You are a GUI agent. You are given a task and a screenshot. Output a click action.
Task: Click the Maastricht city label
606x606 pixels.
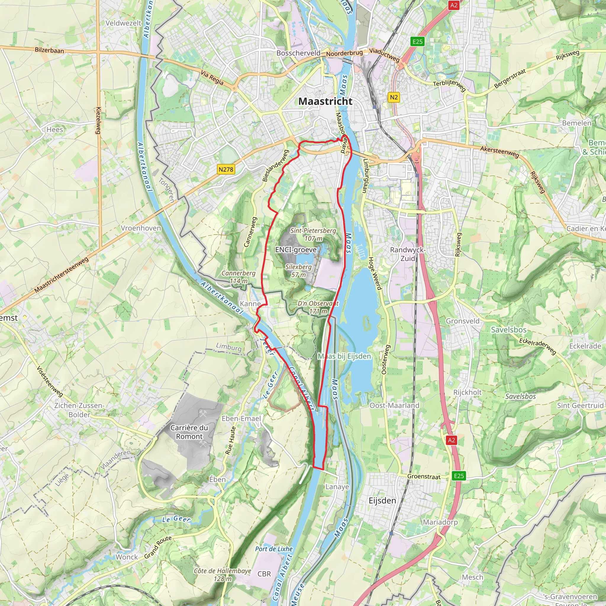(x=325, y=101)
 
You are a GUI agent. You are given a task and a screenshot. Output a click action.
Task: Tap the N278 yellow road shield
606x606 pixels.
(x=226, y=170)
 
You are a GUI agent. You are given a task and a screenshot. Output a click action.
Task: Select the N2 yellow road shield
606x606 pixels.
(x=394, y=97)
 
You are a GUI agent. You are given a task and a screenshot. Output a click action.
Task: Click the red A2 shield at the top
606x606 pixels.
(x=454, y=5)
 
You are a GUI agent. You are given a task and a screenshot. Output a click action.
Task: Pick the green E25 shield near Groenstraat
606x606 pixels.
(x=459, y=476)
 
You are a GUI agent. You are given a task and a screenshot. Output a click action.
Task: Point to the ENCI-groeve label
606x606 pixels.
(x=296, y=250)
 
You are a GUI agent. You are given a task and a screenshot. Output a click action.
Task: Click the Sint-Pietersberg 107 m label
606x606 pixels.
(x=313, y=234)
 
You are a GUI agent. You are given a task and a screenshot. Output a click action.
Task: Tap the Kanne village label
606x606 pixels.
(x=250, y=304)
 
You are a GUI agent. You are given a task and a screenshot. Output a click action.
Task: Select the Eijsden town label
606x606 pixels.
(x=382, y=501)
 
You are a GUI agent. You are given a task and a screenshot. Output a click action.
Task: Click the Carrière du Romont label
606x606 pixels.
(x=189, y=432)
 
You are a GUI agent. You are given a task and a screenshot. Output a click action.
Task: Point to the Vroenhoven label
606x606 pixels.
(x=141, y=228)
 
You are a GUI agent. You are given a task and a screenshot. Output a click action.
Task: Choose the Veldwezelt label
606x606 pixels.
(x=123, y=23)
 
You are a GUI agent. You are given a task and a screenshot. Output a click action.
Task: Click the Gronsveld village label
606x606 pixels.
(x=463, y=321)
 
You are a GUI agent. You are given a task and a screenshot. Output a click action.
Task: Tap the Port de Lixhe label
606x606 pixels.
(x=273, y=549)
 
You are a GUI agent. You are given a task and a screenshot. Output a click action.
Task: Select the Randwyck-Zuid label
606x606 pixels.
(x=407, y=254)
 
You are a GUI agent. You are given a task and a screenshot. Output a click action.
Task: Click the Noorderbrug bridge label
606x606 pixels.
(x=344, y=53)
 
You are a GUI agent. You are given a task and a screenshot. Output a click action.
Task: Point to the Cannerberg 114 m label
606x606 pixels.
(x=238, y=277)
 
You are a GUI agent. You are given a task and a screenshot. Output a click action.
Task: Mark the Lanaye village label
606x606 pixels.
(x=337, y=487)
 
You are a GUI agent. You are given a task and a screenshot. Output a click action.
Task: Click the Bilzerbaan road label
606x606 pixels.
(x=49, y=50)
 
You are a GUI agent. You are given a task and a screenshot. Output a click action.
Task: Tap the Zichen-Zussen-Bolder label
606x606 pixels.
(x=79, y=410)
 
